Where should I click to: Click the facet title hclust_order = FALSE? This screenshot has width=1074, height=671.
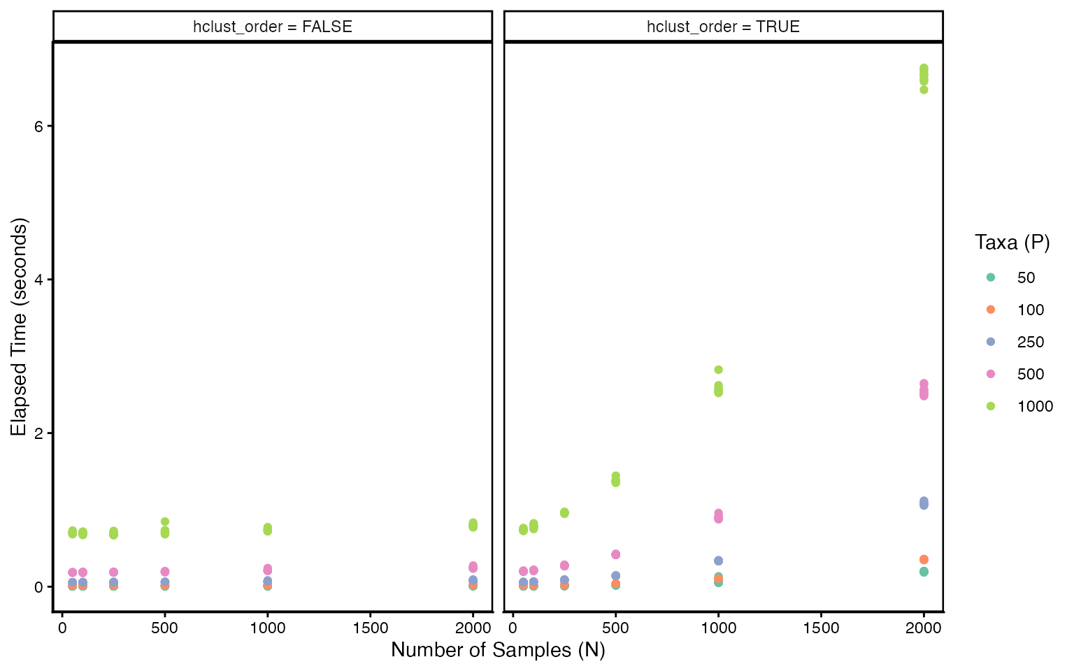[x=273, y=27]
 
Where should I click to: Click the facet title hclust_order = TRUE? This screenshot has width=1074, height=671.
[x=723, y=27]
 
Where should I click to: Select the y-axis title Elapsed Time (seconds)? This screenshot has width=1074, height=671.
[x=19, y=327]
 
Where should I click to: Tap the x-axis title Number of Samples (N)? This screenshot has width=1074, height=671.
[x=498, y=650]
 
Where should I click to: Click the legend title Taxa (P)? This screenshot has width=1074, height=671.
[x=1012, y=243]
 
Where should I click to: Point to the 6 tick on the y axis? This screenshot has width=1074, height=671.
[x=39, y=126]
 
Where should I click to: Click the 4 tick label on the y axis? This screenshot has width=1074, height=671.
[x=39, y=280]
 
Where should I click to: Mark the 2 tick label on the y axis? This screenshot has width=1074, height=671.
[x=39, y=433]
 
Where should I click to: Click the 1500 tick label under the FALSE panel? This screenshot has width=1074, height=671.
[x=370, y=628]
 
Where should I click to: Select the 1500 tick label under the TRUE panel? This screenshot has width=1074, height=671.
[x=821, y=628]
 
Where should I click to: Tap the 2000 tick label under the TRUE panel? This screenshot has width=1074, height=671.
[x=924, y=628]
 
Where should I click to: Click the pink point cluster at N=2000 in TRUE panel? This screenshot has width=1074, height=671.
[x=924, y=390]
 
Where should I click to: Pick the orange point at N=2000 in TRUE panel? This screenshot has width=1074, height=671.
[x=924, y=559]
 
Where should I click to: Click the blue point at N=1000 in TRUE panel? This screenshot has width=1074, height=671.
[x=718, y=561]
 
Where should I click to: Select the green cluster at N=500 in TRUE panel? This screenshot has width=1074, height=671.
[x=615, y=479]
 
